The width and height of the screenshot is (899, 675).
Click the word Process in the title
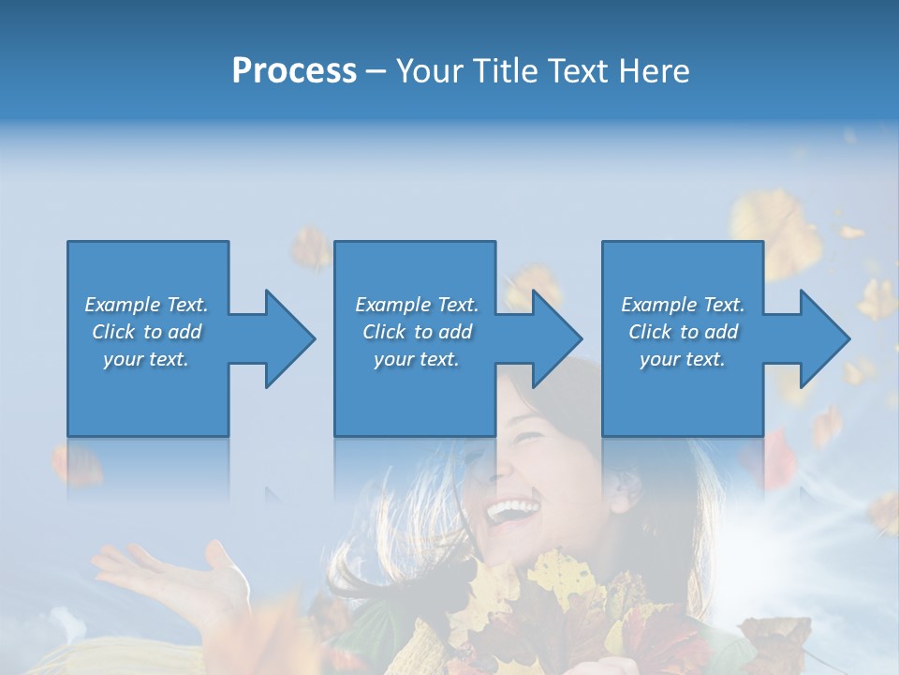point(294,71)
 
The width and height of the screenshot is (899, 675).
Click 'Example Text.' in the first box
point(146,305)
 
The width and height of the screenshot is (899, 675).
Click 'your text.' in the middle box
point(416,359)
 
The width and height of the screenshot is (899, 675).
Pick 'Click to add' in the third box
point(683,332)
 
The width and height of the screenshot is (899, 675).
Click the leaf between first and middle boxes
point(310,248)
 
